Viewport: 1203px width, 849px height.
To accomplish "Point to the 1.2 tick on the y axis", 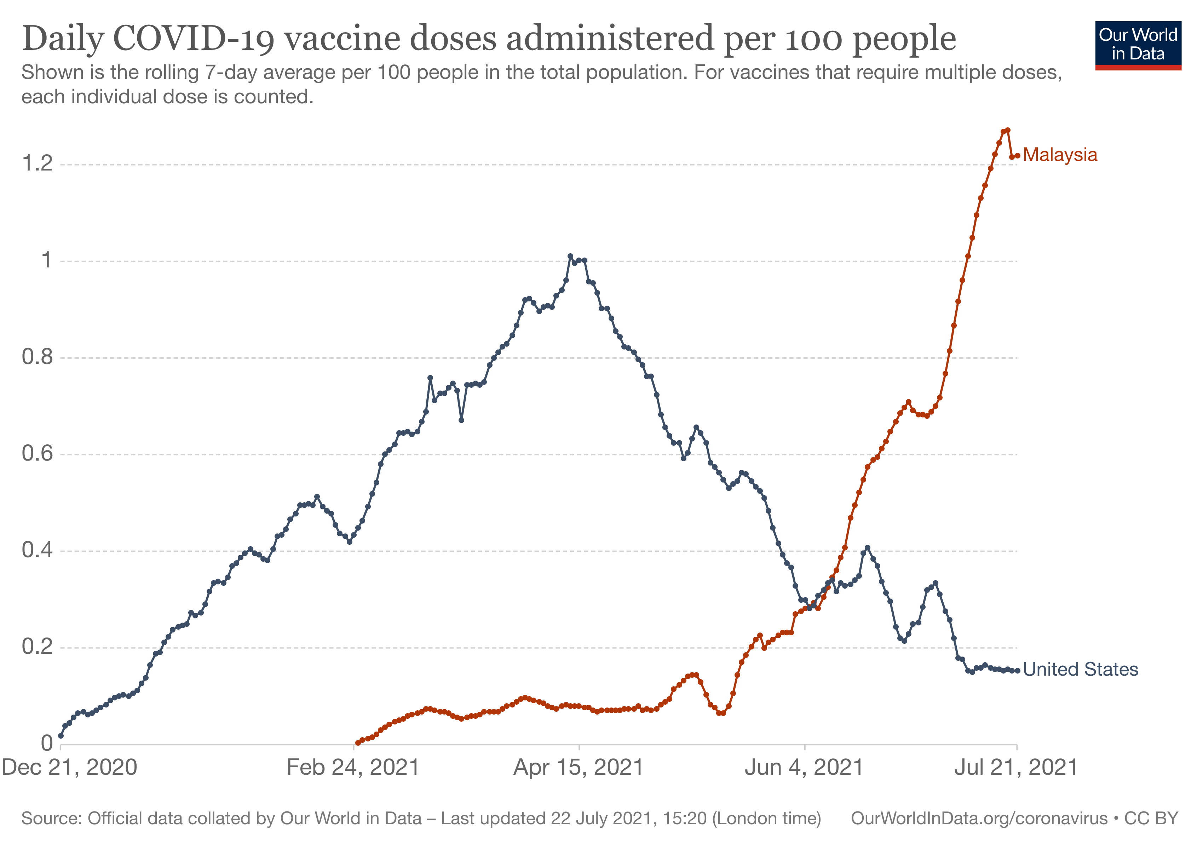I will tap(37, 164).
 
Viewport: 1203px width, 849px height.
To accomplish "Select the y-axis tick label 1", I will tap(47, 260).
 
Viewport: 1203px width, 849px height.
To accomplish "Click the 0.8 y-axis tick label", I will tap(37, 357).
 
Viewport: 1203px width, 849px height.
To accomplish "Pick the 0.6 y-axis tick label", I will tap(37, 454).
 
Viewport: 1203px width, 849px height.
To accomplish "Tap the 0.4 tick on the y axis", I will tap(37, 550).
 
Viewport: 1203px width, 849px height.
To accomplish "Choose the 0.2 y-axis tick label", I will tap(37, 647).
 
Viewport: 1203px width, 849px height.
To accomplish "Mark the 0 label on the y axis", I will tap(47, 744).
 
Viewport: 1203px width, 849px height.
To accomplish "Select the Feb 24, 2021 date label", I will tap(353, 768).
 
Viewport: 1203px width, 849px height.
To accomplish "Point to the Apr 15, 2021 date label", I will tap(579, 768).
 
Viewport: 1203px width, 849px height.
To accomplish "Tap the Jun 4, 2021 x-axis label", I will tap(804, 768).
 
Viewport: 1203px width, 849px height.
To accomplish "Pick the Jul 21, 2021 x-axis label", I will tap(1016, 768).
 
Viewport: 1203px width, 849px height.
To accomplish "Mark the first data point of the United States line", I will tap(61, 736).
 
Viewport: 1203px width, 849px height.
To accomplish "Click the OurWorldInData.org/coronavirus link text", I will tap(979, 819).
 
